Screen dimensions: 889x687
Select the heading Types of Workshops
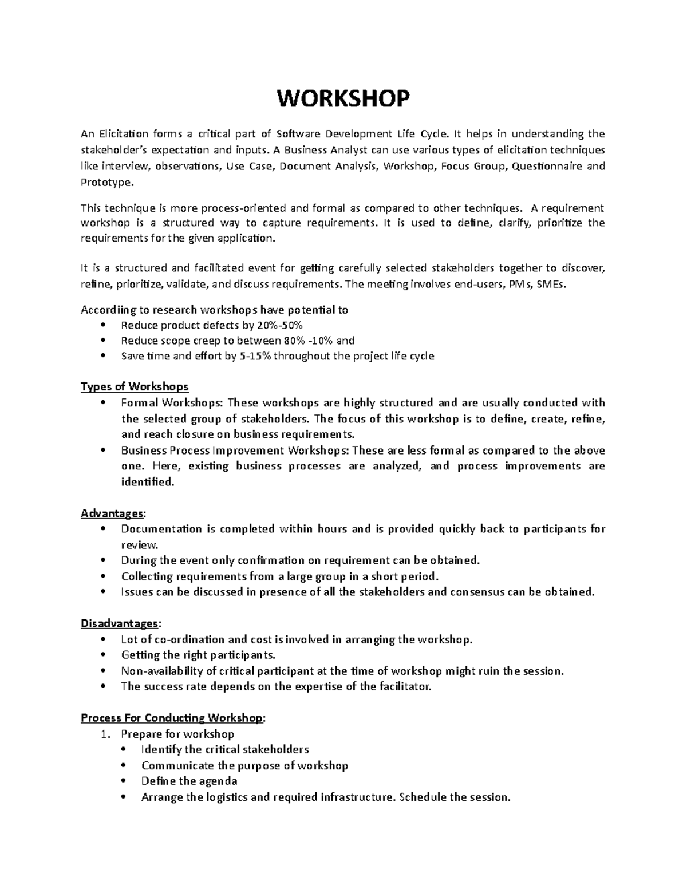pos(135,386)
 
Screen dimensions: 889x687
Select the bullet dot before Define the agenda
pos(124,781)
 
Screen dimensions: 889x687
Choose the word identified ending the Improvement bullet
pos(146,482)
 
